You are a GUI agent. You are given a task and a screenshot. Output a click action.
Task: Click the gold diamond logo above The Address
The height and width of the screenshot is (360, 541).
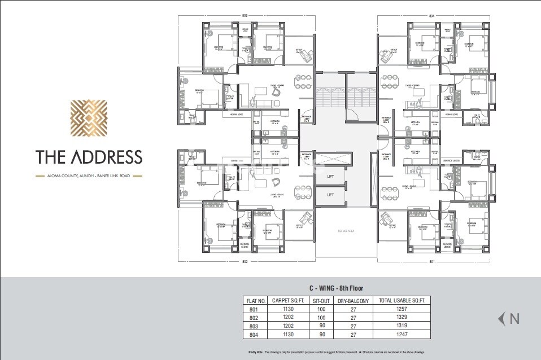tap(89, 120)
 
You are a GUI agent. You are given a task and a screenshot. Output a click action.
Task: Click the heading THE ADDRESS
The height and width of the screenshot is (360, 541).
tap(89, 156)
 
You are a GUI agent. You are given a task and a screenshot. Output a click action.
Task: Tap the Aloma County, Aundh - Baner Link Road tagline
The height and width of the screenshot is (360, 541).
tap(89, 176)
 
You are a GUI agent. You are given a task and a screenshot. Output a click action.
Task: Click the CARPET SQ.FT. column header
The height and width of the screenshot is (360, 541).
tap(288, 301)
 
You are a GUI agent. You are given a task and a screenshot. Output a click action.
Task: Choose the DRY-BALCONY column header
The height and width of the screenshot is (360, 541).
tap(353, 301)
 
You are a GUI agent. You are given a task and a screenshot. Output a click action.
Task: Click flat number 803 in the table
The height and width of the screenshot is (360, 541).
tap(252, 326)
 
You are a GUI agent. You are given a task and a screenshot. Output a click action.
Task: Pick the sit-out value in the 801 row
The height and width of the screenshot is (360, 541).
tap(321, 309)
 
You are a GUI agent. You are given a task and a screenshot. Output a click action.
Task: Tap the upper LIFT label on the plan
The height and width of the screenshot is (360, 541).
tap(330, 177)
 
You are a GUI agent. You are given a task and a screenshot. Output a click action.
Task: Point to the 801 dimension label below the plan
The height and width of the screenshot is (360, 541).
tap(432, 261)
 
